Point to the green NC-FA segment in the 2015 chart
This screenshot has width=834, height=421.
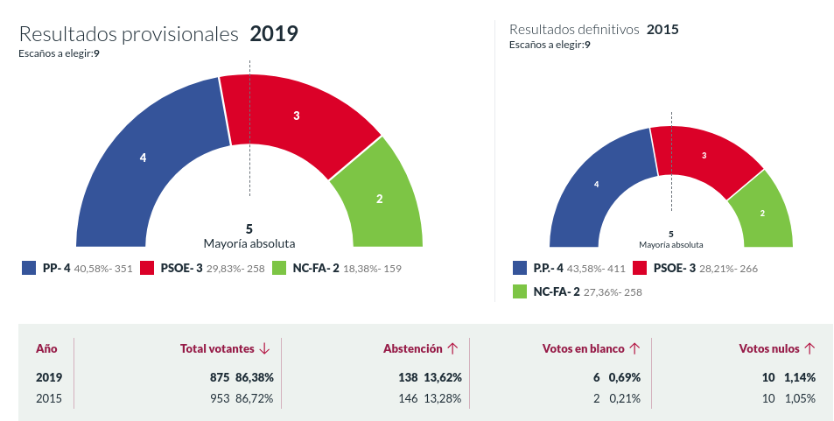[x=762, y=213]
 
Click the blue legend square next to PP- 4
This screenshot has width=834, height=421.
[x=28, y=268]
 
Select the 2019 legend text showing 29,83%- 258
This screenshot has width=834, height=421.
[x=235, y=269]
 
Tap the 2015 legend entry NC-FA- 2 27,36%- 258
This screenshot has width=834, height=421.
[x=577, y=291]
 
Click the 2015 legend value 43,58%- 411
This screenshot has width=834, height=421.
[x=592, y=269]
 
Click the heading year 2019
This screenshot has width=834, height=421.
[x=274, y=34]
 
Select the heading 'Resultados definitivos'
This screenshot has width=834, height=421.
[x=574, y=30]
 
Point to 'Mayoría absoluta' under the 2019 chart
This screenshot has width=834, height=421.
[x=249, y=243]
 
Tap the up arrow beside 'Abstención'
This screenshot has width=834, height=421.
[x=452, y=348]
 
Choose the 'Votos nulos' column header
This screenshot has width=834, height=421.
[x=769, y=348]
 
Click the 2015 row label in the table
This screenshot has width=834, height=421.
[x=48, y=398]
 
